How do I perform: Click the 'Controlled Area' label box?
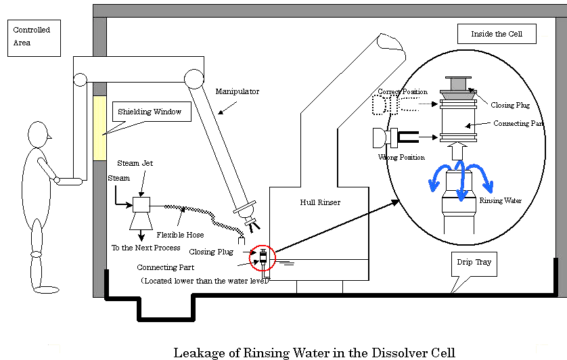34,37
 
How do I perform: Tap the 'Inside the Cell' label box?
497,34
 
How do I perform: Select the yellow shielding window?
99,128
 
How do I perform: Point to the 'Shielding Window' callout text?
150,112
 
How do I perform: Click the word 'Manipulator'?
237,91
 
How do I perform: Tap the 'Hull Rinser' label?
320,202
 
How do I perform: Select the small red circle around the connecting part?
260,258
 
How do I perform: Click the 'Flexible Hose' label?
180,235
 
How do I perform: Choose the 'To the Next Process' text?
145,248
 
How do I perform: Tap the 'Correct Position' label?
403,91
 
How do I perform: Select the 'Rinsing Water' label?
499,200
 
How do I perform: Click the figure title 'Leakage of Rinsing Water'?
314,352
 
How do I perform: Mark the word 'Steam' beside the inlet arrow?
118,178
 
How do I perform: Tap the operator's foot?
46,290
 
